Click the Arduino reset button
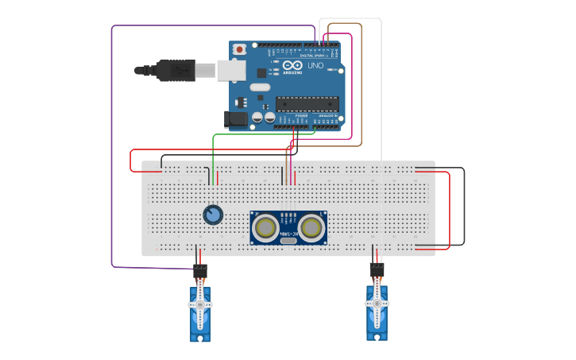[239, 49]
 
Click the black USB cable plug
[176, 70]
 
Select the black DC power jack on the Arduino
[235, 120]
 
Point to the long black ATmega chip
[307, 103]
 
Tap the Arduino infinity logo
[292, 65]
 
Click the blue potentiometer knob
[212, 215]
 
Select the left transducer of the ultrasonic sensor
[265, 228]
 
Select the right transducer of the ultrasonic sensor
[311, 228]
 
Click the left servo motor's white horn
[200, 304]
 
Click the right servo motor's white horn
[377, 303]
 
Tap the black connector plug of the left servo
[200, 271]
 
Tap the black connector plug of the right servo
[377, 270]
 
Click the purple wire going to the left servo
[112, 159]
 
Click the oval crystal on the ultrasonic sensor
[288, 241]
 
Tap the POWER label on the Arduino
[301, 116]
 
